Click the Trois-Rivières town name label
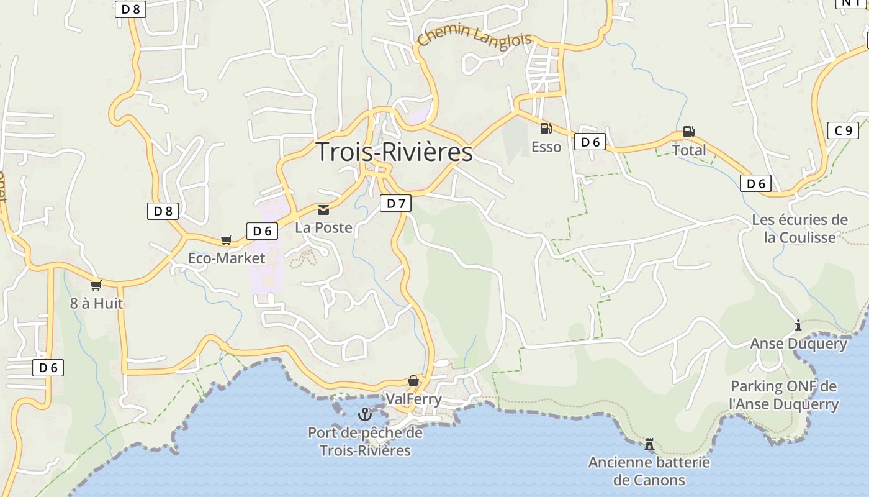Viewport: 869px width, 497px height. coord(394,152)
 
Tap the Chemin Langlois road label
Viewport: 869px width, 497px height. coord(474,36)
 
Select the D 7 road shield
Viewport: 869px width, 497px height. coord(395,203)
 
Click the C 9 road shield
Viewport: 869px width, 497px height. coord(843,130)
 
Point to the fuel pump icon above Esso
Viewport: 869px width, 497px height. coord(546,129)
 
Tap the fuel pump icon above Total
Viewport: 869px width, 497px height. coord(688,132)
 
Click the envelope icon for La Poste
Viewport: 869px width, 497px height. coord(323,210)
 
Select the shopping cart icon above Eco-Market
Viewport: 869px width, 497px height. coord(227,240)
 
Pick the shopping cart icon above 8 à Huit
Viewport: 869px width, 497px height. coord(96,285)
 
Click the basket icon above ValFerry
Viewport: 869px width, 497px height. coord(413,381)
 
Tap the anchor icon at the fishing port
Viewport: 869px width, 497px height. coord(365,414)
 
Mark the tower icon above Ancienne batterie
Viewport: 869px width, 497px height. coord(649,444)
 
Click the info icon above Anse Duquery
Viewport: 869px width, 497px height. coord(798,325)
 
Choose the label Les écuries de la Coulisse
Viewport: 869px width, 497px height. coord(799,228)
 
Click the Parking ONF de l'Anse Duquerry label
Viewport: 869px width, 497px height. coord(783,395)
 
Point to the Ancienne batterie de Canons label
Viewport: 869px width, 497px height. coord(649,471)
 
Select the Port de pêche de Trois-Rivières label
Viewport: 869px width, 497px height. coord(365,441)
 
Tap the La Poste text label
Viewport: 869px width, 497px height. coord(323,228)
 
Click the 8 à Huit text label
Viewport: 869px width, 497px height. coord(96,303)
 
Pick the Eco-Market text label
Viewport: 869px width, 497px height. coord(227,258)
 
